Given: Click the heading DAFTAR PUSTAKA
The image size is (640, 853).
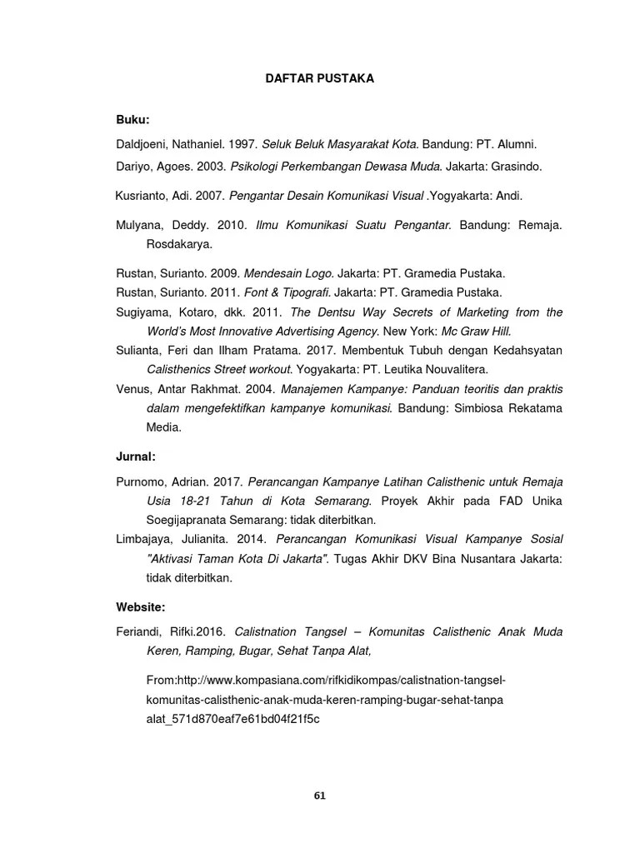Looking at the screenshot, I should tap(319, 78).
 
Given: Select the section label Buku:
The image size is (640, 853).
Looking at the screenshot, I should tap(132, 121).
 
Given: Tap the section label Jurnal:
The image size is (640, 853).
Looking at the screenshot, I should tap(135, 456).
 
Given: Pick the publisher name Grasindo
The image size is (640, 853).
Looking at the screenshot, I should tap(516, 167).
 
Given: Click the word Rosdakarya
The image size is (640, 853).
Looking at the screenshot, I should tap(178, 245).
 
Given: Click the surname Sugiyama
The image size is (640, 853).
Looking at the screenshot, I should tap(142, 312).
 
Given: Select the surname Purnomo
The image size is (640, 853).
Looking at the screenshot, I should tap(142, 482).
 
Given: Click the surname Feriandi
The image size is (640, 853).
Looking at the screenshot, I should tap(140, 632).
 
